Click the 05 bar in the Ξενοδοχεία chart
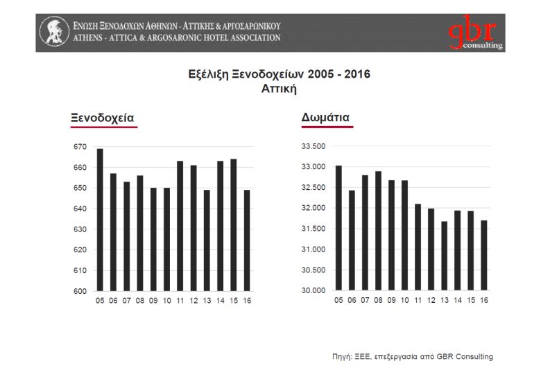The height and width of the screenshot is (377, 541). (x=100, y=220)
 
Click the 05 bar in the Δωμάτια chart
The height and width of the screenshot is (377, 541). (x=338, y=228)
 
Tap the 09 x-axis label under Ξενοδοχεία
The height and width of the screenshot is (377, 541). (x=153, y=301)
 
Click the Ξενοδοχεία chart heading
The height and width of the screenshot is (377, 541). (x=103, y=118)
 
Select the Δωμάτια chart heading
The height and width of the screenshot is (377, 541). (x=325, y=118)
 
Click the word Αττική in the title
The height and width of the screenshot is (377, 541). (x=280, y=89)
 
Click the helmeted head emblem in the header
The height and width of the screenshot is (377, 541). (x=54, y=32)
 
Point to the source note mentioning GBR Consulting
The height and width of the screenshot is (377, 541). (x=412, y=356)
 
